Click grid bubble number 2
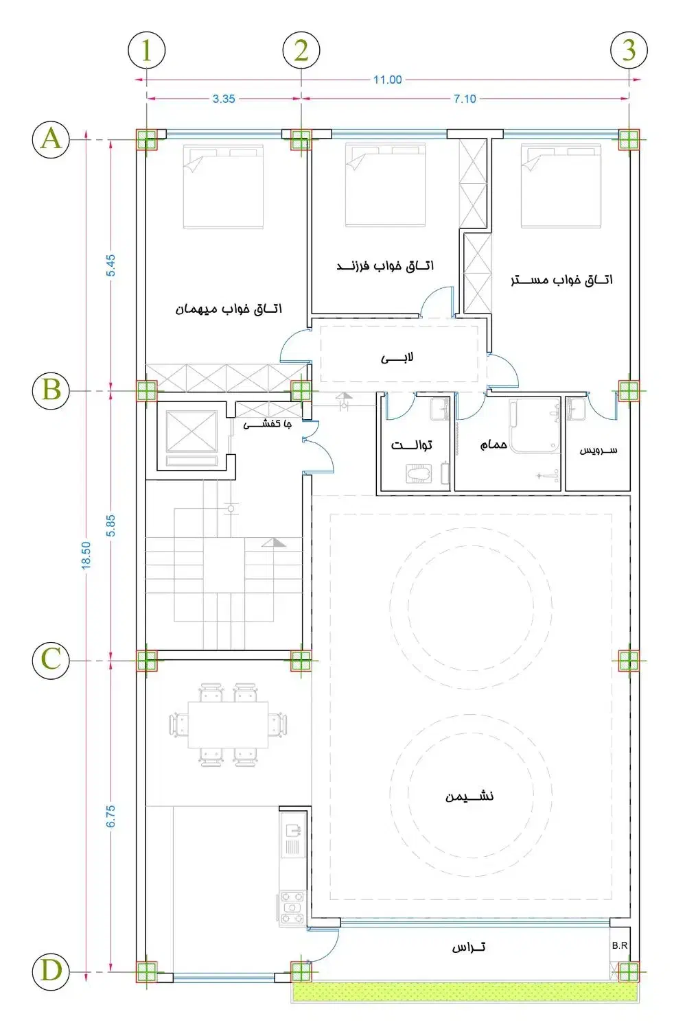pyautogui.click(x=301, y=50)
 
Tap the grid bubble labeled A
pyautogui.click(x=51, y=139)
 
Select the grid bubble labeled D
pyautogui.click(x=51, y=971)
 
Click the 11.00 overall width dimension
pyautogui.click(x=387, y=80)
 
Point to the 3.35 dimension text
pyautogui.click(x=224, y=99)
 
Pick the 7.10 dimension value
pyautogui.click(x=465, y=99)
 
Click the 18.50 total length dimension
pyautogui.click(x=86, y=555)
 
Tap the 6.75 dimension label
pyautogui.click(x=111, y=816)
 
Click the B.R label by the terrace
pyautogui.click(x=619, y=945)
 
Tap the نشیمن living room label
pyautogui.click(x=469, y=796)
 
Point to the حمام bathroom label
pyautogui.click(x=494, y=445)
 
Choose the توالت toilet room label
pyautogui.click(x=411, y=445)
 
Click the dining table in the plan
pyautogui.click(x=228, y=725)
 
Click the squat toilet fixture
pyautogui.click(x=419, y=473)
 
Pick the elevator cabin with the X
pyautogui.click(x=191, y=431)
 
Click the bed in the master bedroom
pyautogui.click(x=561, y=186)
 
